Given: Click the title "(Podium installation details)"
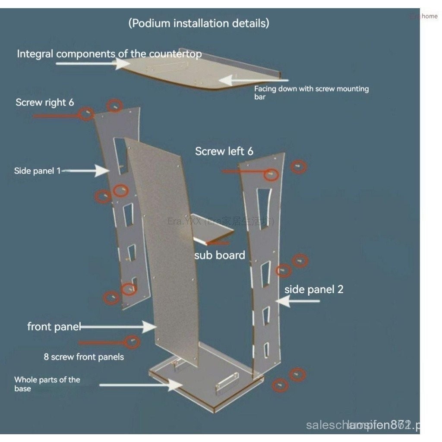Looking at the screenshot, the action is tap(199, 23).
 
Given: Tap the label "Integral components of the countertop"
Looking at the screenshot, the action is tap(109, 54).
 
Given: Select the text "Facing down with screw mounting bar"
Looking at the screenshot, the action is tap(311, 92).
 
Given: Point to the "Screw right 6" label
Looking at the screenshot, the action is tap(45, 102).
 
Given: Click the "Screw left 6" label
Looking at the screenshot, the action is tap(224, 151).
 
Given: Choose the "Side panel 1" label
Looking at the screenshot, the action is tap(37, 171).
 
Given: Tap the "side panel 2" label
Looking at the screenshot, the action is tap(314, 289).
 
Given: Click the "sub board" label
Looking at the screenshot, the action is tap(219, 255).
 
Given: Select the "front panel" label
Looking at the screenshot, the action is tap(54, 326).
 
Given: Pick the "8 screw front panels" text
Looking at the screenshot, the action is tap(84, 357).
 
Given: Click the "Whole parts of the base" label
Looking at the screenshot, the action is tap(47, 384).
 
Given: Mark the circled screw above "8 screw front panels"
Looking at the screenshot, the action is tap(133, 342).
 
